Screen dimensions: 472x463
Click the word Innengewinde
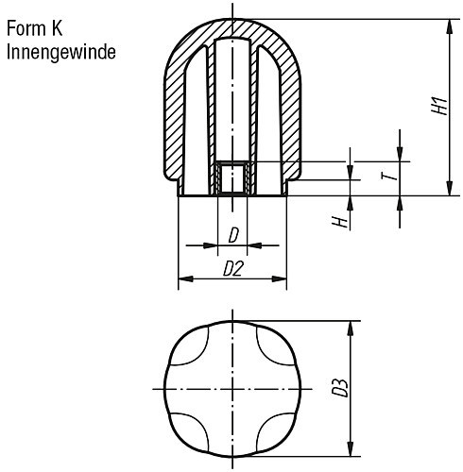(x=60, y=52)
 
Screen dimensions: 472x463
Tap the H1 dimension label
(x=437, y=107)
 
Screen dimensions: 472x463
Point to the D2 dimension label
(x=233, y=269)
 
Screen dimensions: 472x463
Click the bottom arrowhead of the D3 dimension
(x=352, y=450)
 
